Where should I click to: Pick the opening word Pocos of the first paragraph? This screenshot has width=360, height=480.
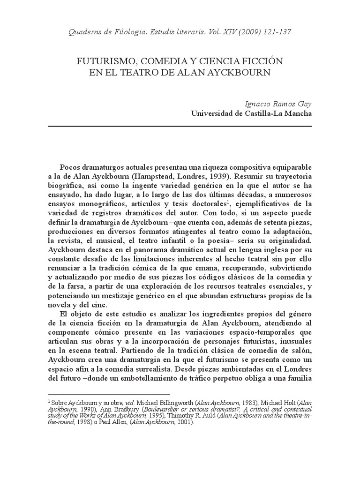pos(71,168)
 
